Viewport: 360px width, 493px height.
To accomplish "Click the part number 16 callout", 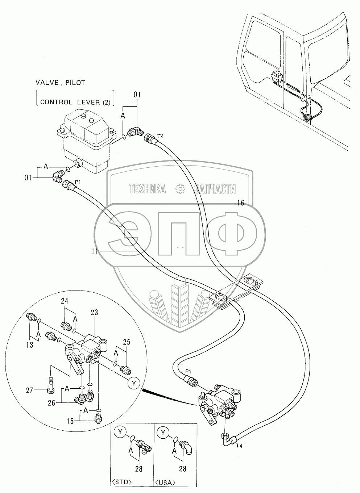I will point(240,203).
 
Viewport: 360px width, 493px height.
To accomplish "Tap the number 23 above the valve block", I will point(94,312).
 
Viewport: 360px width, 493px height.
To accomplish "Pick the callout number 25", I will point(126,342).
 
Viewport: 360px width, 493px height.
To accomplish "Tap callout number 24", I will point(65,300).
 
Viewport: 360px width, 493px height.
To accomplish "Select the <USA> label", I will point(166,482).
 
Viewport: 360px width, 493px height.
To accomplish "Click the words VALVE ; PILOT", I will point(60,83).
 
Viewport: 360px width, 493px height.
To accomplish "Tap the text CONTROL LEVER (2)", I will point(75,102).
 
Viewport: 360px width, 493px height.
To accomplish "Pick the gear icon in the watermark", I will point(180,188).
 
